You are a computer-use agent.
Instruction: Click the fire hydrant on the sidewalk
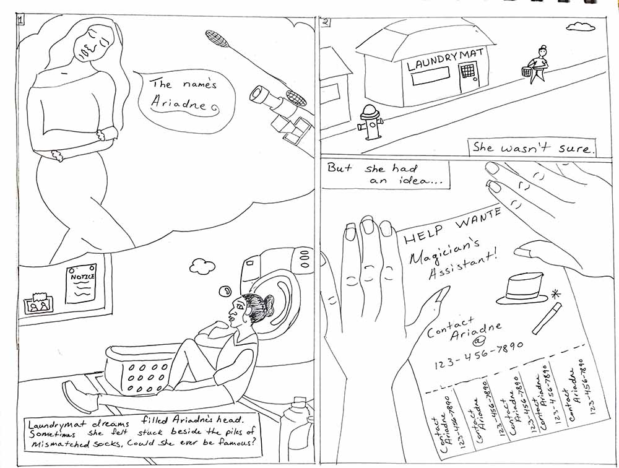coord(370,123)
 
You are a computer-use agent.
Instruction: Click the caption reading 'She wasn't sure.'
coord(533,147)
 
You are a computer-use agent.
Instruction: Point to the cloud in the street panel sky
coord(581,26)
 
